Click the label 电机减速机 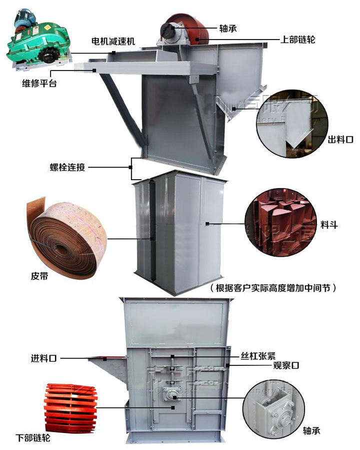click(x=113, y=41)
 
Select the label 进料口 click(x=43, y=358)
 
